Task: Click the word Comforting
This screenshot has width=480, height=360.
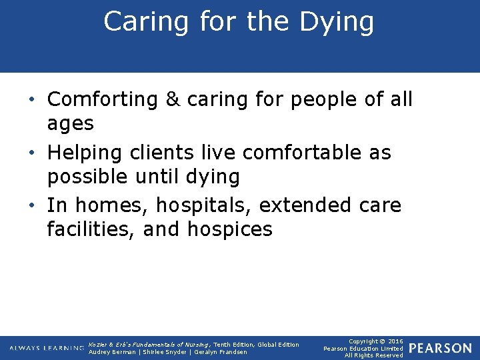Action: tap(102, 100)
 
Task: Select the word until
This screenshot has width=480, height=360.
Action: tap(160, 177)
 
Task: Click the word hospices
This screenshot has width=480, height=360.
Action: tap(230, 230)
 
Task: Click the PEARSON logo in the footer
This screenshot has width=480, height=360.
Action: tap(440, 348)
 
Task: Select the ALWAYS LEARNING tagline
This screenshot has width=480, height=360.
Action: tap(47, 348)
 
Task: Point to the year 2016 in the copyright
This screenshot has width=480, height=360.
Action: tap(393, 341)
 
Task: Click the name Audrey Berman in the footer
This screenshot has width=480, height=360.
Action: tap(110, 352)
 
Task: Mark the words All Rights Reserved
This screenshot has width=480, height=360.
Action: tap(373, 355)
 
